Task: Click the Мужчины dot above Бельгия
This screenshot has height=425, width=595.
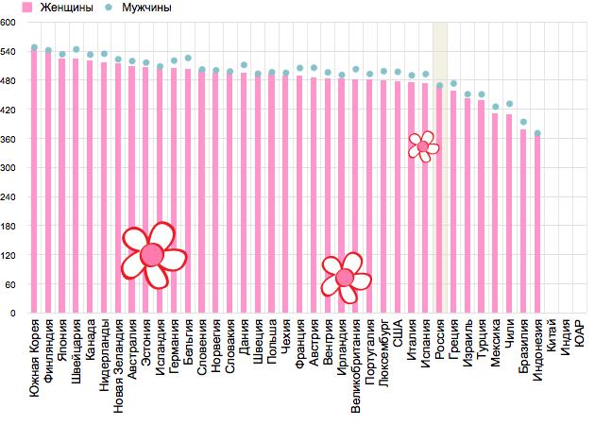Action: point(188,59)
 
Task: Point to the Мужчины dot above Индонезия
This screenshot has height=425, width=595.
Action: point(537,133)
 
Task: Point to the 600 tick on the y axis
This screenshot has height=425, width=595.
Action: point(10,24)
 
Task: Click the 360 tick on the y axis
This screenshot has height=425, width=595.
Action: point(10,139)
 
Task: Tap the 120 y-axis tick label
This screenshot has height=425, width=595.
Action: point(10,255)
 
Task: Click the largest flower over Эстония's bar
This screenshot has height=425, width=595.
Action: point(153,254)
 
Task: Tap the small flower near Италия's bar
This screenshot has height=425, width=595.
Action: point(424,145)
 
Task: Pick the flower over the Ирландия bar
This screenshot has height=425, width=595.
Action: point(344,277)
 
